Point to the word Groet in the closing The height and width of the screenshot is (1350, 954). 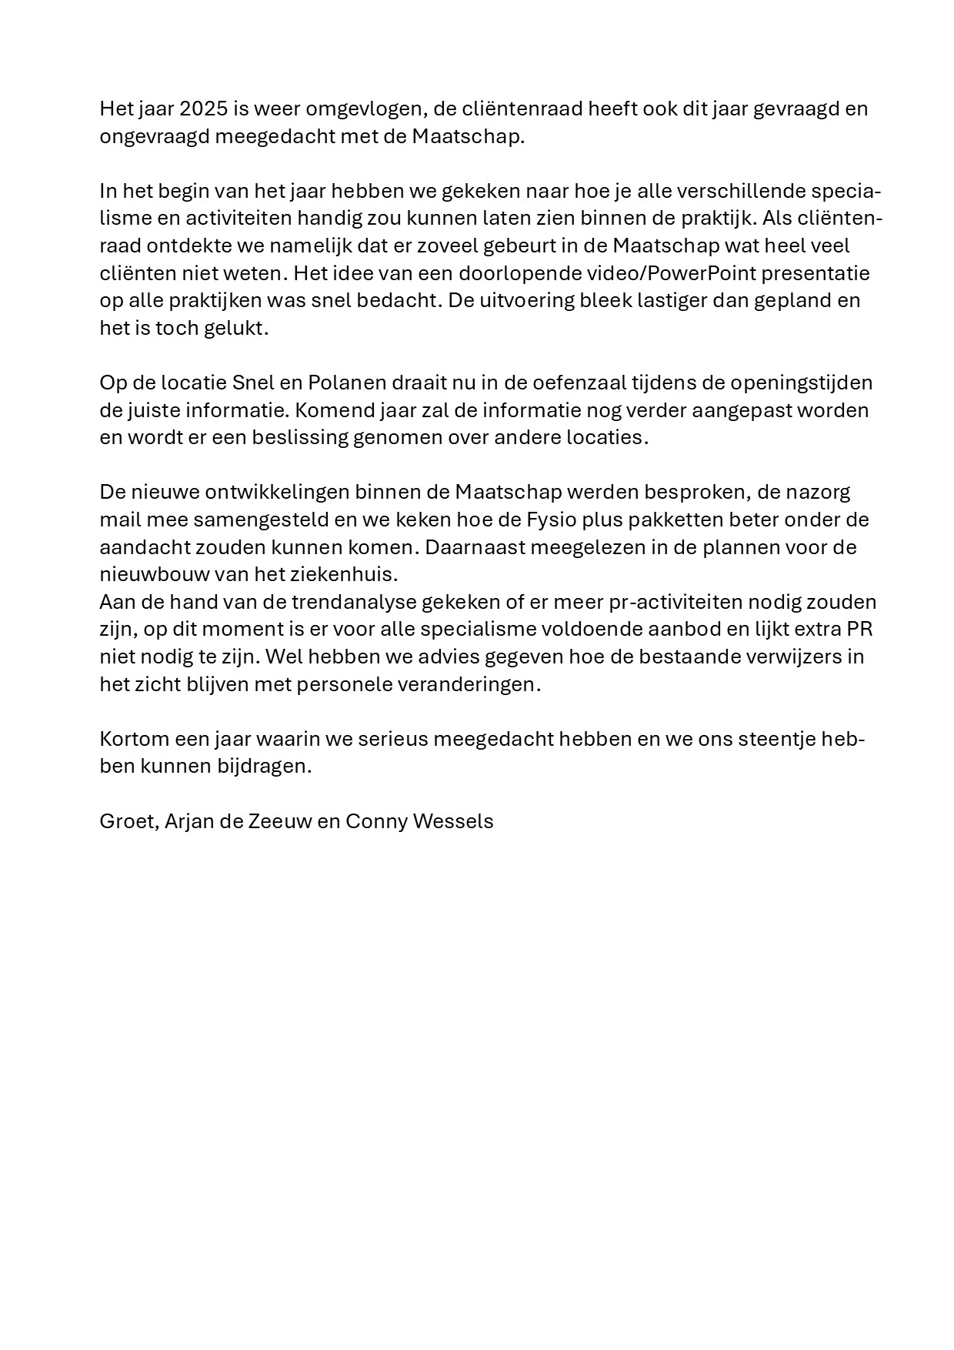pos(128,821)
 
